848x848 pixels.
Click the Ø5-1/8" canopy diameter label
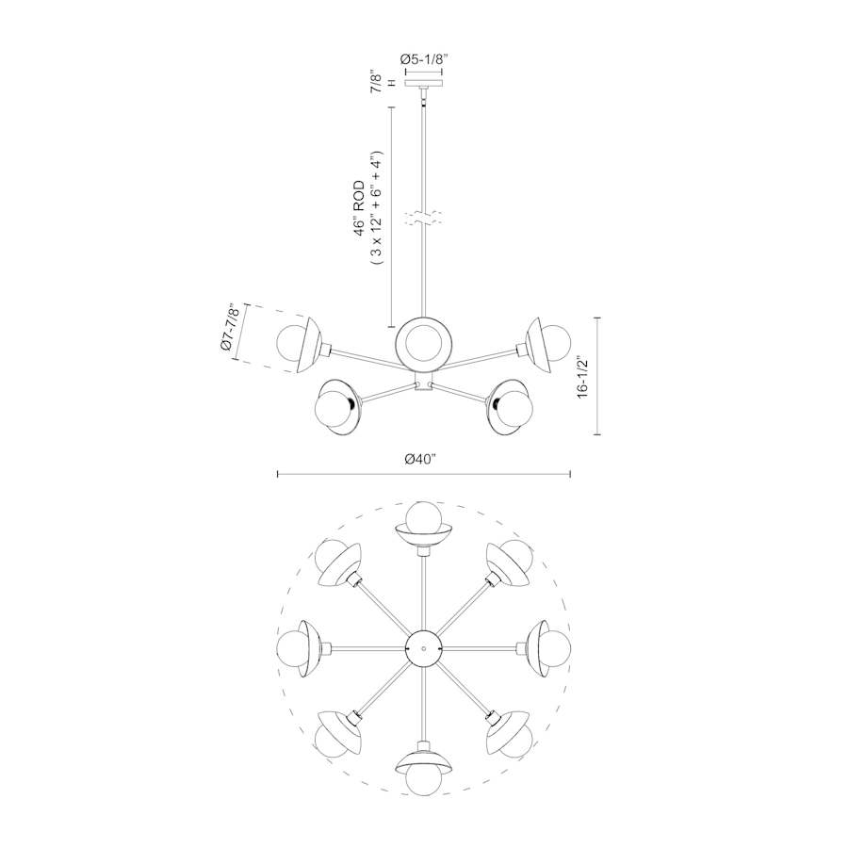point(423,59)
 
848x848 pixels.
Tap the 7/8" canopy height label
point(376,82)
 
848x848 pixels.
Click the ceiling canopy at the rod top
point(423,84)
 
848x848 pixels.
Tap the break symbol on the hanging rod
point(423,220)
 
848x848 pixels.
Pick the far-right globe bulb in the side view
point(555,340)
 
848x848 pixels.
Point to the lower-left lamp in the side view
point(335,403)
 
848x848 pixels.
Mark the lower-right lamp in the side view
point(512,403)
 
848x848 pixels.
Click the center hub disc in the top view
point(423,648)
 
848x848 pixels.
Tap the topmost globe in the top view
point(423,518)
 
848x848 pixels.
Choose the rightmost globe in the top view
point(554,649)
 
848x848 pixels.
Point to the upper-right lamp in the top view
point(510,562)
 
